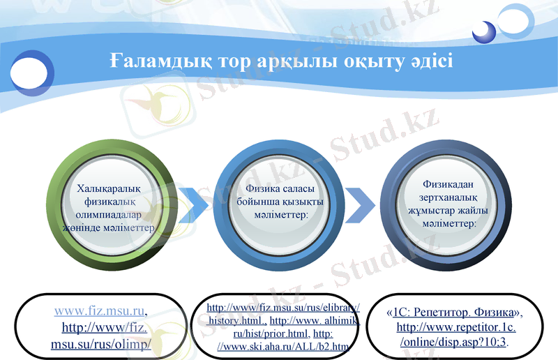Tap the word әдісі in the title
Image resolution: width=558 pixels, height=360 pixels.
pyautogui.click(x=429, y=61)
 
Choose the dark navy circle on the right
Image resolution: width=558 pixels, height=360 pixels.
pyautogui.click(x=448, y=208)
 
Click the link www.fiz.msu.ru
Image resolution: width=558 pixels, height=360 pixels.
pyautogui.click(x=100, y=311)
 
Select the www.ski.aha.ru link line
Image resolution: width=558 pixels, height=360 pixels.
pyautogui.click(x=282, y=346)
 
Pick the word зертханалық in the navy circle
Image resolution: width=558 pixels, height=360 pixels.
pyautogui.click(x=448, y=197)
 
